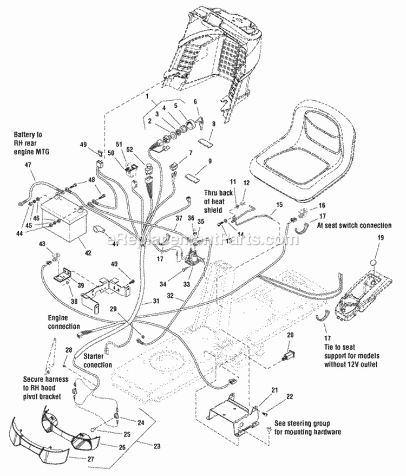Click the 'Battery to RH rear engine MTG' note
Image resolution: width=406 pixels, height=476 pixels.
[32, 143]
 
